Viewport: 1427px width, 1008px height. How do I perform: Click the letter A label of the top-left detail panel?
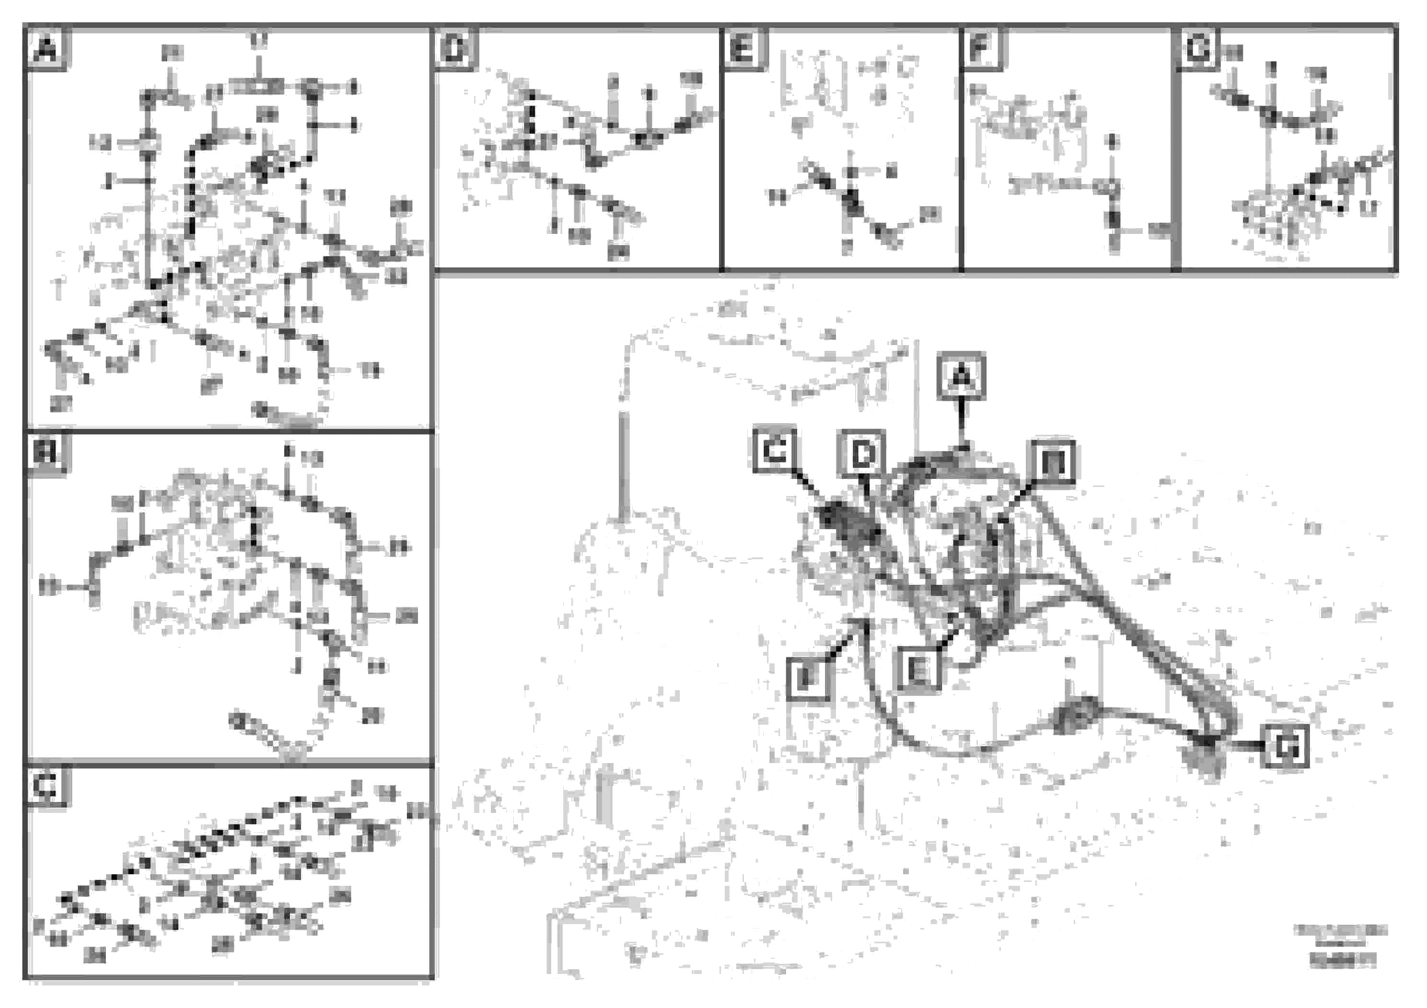pos(46,48)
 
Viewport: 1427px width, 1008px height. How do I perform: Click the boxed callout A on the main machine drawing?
pos(962,375)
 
